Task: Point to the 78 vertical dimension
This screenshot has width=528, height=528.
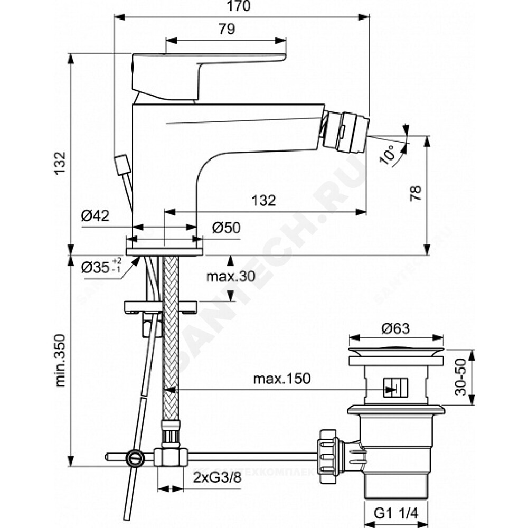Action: (x=417, y=193)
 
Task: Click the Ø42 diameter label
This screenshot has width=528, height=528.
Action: (x=95, y=216)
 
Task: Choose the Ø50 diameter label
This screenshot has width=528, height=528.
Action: (x=226, y=228)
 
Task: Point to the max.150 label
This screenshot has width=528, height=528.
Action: (x=281, y=379)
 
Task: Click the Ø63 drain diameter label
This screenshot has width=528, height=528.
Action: (x=395, y=328)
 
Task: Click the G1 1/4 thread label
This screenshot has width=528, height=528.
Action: (x=395, y=512)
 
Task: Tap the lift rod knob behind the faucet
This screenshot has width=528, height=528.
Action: (x=122, y=164)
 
